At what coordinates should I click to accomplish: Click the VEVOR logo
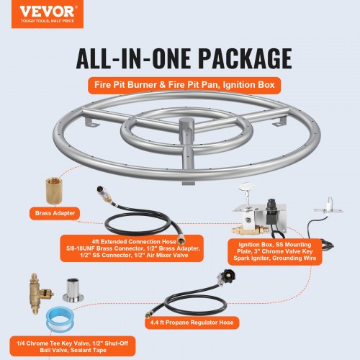click(x=48, y=14)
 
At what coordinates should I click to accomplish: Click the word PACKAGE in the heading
click(x=246, y=58)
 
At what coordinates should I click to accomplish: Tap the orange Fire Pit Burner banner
click(x=184, y=85)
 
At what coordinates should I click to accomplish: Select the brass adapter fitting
click(x=54, y=191)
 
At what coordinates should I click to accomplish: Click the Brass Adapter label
click(x=55, y=213)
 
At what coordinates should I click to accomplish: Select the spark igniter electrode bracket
click(x=328, y=207)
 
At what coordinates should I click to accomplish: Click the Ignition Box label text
click(x=275, y=251)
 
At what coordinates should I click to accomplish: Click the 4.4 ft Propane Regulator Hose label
click(x=192, y=323)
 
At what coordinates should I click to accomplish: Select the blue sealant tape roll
click(x=60, y=320)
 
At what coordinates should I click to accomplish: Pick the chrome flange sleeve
click(x=73, y=290)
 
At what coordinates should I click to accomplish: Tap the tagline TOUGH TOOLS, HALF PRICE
click(x=48, y=21)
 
